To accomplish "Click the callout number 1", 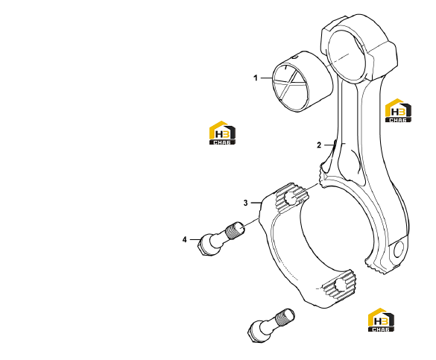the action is pyautogui.click(x=256, y=78).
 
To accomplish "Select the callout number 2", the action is pyautogui.click(x=319, y=145).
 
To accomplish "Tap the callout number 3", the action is pyautogui.click(x=245, y=203).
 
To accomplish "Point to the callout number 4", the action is pyautogui.click(x=185, y=239).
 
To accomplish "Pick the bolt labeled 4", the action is pyautogui.click(x=221, y=239).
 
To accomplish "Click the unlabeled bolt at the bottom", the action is pyautogui.click(x=271, y=325).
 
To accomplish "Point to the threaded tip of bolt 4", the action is pyautogui.click(x=236, y=230).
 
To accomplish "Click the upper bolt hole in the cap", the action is pyautogui.click(x=291, y=198).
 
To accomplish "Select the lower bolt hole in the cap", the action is pyautogui.click(x=341, y=285).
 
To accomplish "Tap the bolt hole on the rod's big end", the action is pyautogui.click(x=398, y=249).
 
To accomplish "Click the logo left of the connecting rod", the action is pyautogui.click(x=222, y=133).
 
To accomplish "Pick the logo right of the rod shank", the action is pyautogui.click(x=398, y=110).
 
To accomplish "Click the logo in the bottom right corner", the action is pyautogui.click(x=381, y=320).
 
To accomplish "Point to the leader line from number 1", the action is pyautogui.click(x=266, y=78).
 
